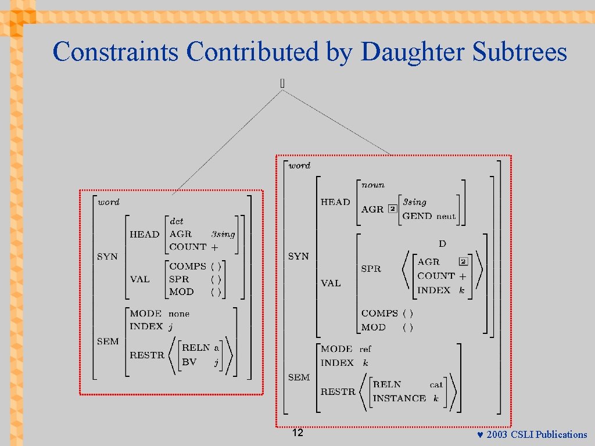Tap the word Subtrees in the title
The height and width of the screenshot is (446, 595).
pos(519,52)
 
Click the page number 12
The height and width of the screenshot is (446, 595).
pos(297,433)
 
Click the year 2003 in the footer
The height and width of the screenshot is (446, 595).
pos(497,435)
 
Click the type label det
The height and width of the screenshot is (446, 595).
pos(176,221)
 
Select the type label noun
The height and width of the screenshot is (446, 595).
pos(372,185)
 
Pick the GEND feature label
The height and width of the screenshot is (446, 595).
pos(417,216)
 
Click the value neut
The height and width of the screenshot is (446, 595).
pos(446,216)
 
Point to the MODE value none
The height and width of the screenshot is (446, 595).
pos(179,314)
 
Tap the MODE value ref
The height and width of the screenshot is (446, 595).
pos(365,349)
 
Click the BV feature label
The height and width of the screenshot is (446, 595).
pos(189,362)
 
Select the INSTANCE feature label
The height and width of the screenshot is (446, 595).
pos(399,398)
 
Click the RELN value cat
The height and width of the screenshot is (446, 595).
pos(436,384)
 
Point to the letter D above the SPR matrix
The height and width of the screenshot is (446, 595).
pos(442,244)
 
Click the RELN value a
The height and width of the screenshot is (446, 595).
pos(216,348)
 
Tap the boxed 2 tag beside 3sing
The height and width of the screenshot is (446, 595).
pos(393,209)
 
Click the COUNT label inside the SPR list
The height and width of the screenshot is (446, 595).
pos(436,276)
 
